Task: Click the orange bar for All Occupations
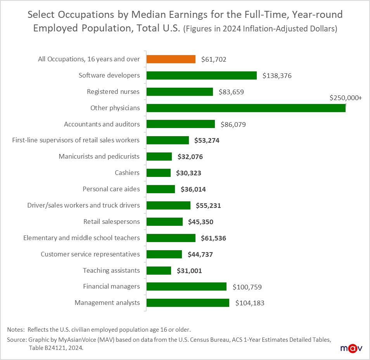(x=171, y=59)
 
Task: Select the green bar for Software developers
(x=201, y=76)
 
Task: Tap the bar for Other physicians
(x=246, y=108)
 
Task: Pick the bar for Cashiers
(x=158, y=173)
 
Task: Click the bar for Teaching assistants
(x=159, y=271)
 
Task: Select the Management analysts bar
(x=188, y=303)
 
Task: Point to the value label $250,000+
(x=346, y=98)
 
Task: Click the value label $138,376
(x=277, y=76)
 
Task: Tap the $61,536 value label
(x=213, y=238)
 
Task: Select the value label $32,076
(x=190, y=157)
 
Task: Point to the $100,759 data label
(x=247, y=287)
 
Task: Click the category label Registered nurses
(x=113, y=92)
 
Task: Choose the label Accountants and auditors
(x=102, y=124)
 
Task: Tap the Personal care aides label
(x=111, y=189)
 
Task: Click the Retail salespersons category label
(x=112, y=222)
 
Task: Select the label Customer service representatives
(x=90, y=254)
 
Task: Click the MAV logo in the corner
(x=351, y=348)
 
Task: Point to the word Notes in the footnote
(x=15, y=330)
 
